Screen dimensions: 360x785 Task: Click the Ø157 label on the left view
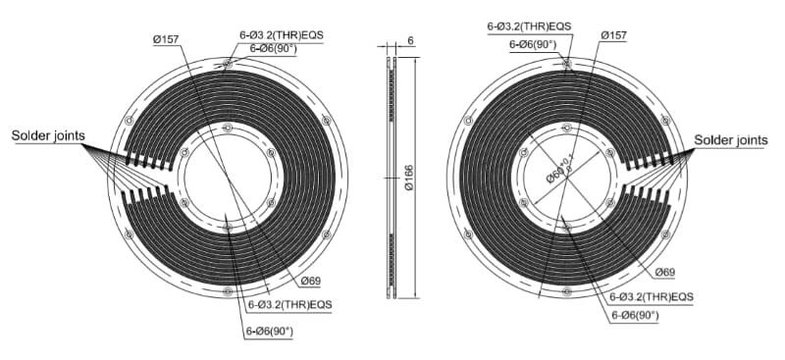point(166,39)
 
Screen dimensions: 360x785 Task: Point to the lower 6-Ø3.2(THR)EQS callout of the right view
point(652,296)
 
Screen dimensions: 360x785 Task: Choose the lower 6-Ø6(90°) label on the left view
point(269,331)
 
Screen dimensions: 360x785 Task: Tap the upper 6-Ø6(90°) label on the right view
point(533,44)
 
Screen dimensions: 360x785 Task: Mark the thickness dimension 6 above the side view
point(410,39)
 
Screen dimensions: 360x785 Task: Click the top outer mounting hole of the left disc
point(228,65)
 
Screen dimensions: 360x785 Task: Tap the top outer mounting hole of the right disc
point(566,65)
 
